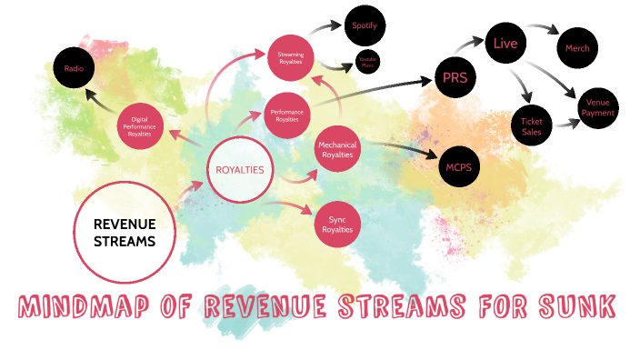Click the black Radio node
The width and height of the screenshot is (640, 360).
tap(74, 67)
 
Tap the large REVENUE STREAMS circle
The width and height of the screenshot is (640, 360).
tap(125, 232)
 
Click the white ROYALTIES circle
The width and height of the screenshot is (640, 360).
tap(240, 170)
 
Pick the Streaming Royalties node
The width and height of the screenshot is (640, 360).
tap(291, 58)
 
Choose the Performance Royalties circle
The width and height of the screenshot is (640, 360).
tap(286, 115)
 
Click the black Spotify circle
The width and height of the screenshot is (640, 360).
tap(365, 26)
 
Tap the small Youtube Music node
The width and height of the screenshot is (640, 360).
tap(368, 62)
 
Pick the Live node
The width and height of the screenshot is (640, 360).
tap(505, 44)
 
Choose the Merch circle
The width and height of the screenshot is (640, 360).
tap(576, 47)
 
